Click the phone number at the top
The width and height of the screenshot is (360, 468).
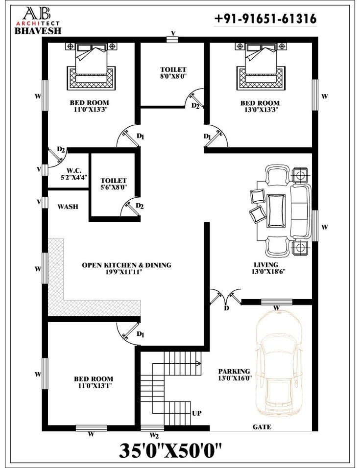[x=265, y=19]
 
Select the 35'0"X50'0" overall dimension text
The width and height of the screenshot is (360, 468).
[x=170, y=450]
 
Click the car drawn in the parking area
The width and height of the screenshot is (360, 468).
[x=279, y=364]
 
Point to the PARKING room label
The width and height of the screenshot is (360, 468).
[x=235, y=374]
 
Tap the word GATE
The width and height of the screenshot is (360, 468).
[x=262, y=427]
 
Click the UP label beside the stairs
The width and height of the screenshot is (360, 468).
[x=197, y=413]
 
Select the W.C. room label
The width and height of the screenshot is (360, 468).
[x=74, y=174]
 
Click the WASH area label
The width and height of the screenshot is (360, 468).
[x=68, y=207]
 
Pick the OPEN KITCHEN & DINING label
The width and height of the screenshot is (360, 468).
[x=126, y=268]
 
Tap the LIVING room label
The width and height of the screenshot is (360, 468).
[x=266, y=268]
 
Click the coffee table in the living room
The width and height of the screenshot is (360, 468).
[x=276, y=211]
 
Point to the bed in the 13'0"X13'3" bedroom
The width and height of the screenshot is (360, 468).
[x=260, y=66]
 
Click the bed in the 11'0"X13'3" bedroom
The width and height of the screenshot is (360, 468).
[x=91, y=66]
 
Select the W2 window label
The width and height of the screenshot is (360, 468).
[x=154, y=435]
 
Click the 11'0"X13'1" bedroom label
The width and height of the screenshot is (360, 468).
[x=94, y=382]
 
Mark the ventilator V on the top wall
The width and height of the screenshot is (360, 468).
[x=172, y=39]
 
